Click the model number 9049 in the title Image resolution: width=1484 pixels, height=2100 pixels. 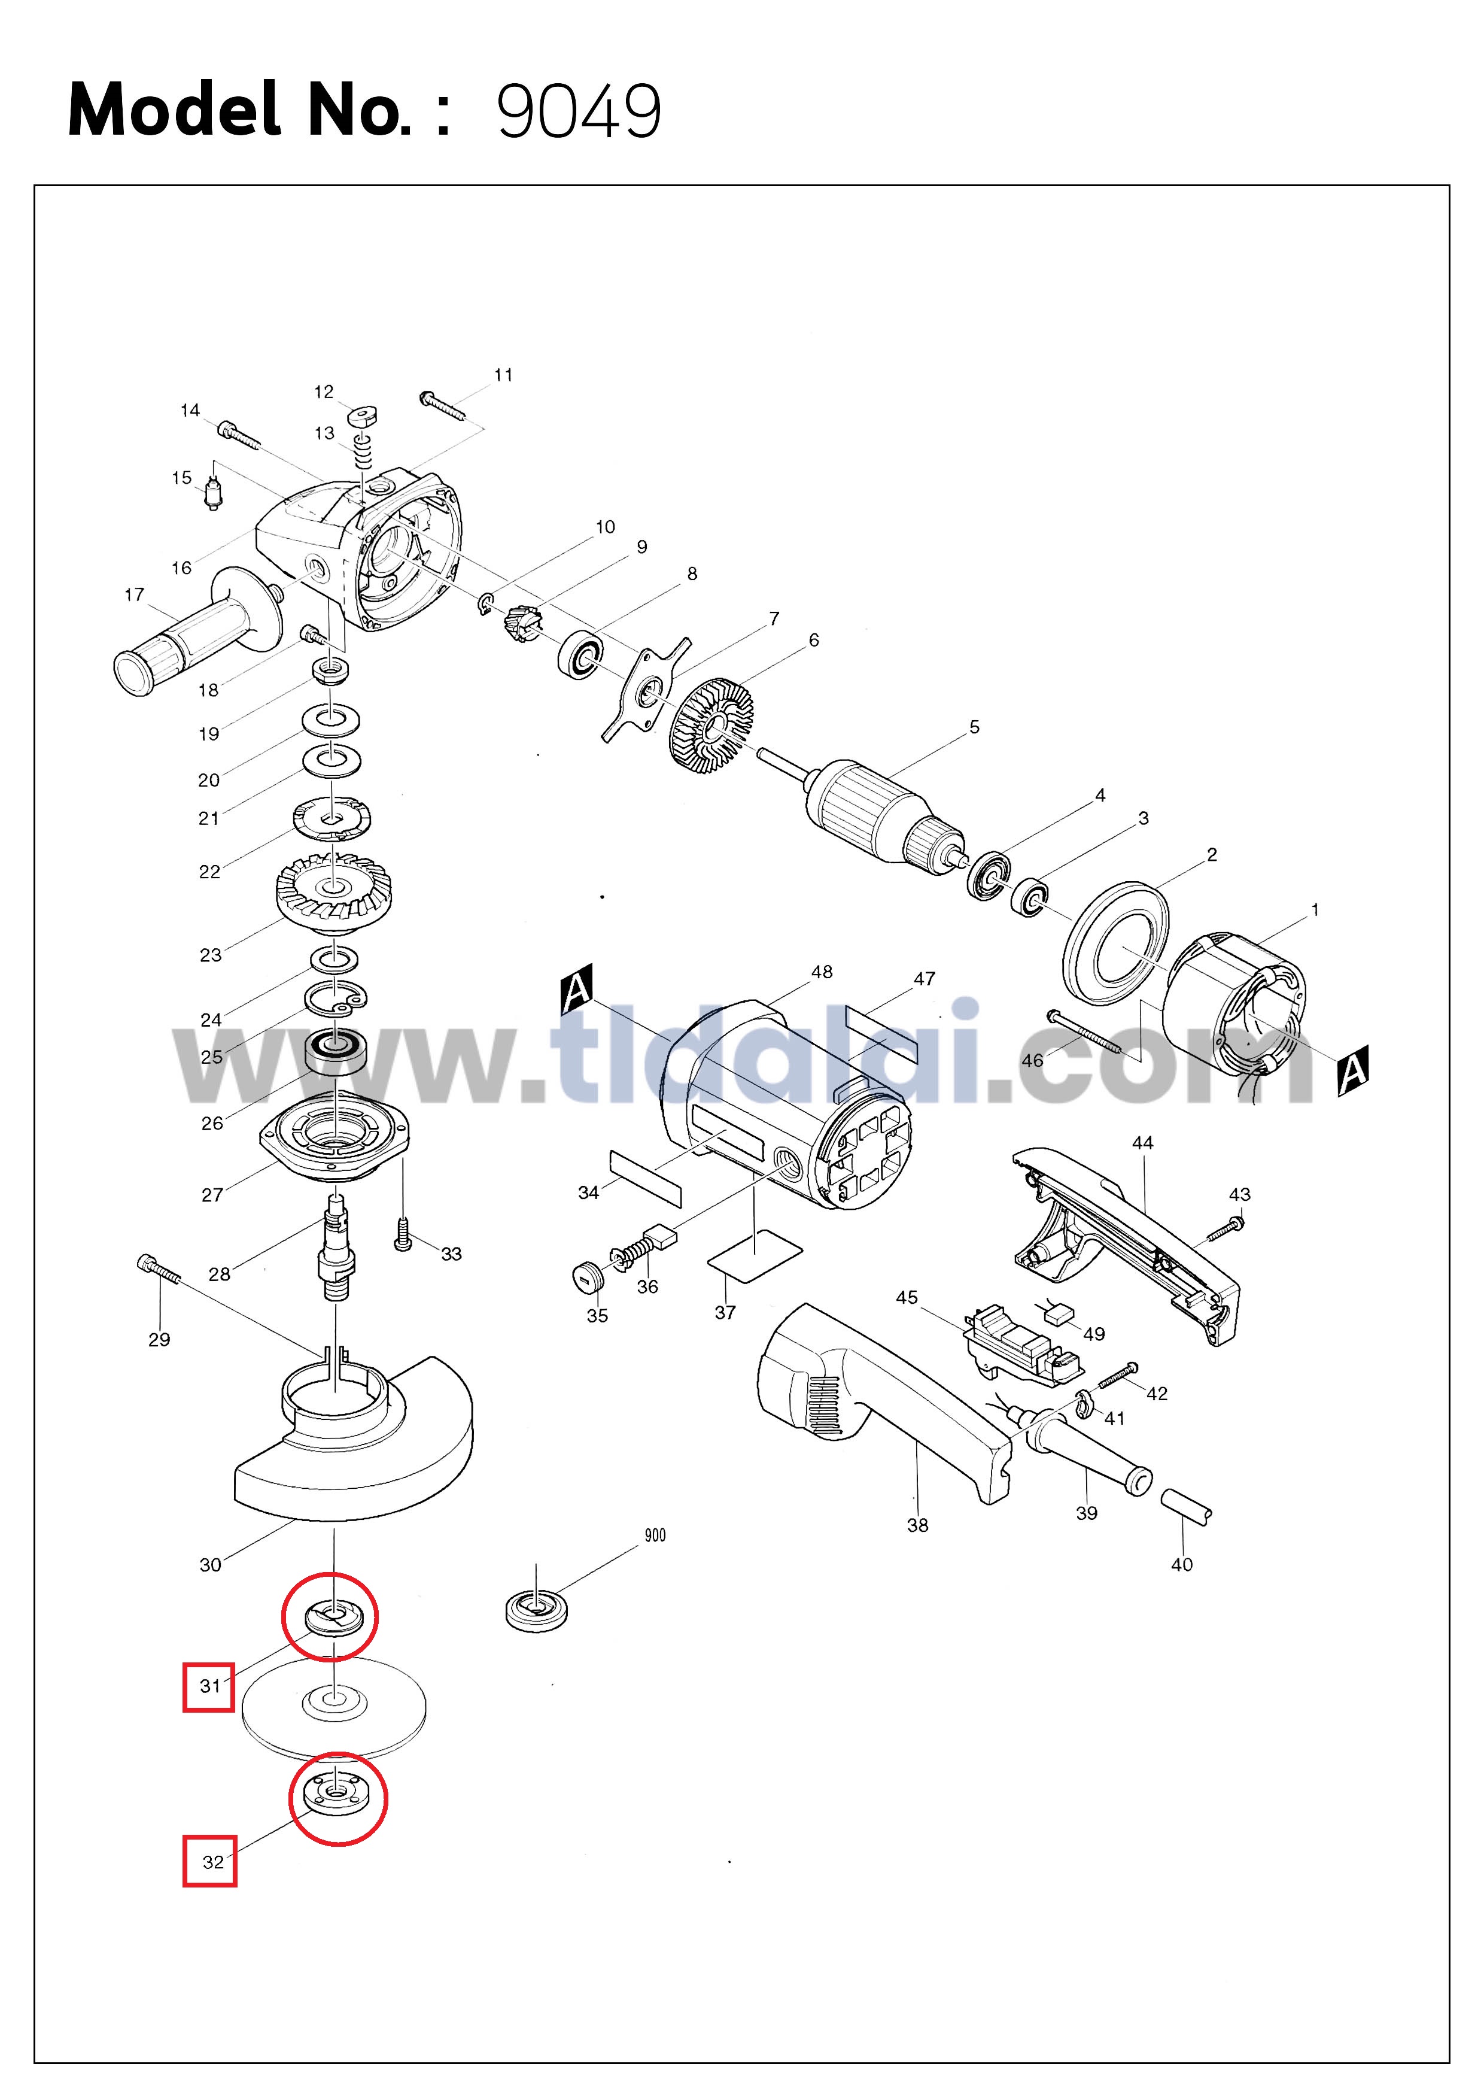(x=579, y=111)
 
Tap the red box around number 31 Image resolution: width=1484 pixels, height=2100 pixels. (x=208, y=1686)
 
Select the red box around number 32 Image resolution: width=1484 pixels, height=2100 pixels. (x=209, y=1861)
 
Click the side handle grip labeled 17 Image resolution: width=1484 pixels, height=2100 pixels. (x=197, y=631)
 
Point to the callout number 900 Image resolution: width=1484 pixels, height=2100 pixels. (x=655, y=1535)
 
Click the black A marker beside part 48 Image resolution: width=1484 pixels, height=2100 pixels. (x=577, y=990)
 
